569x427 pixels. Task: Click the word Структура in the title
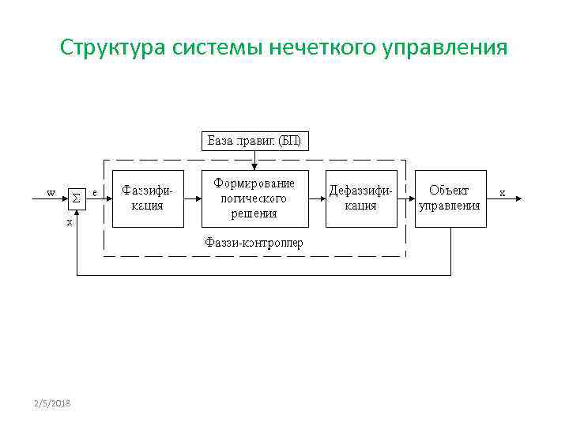tap(112, 48)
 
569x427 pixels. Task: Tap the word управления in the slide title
tap(446, 48)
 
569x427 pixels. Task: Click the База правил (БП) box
tap(254, 142)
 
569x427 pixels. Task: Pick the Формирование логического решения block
tap(254, 198)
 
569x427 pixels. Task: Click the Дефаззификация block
tap(360, 198)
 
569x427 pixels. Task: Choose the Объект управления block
tap(450, 198)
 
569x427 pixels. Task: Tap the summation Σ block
tap(76, 198)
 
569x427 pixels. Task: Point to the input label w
tap(51, 192)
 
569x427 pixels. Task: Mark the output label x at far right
tap(502, 192)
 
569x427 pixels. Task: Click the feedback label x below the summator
tap(70, 222)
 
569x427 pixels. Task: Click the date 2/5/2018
tap(52, 404)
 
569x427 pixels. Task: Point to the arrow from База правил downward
tap(254, 161)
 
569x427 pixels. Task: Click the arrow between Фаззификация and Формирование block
tap(193, 198)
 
